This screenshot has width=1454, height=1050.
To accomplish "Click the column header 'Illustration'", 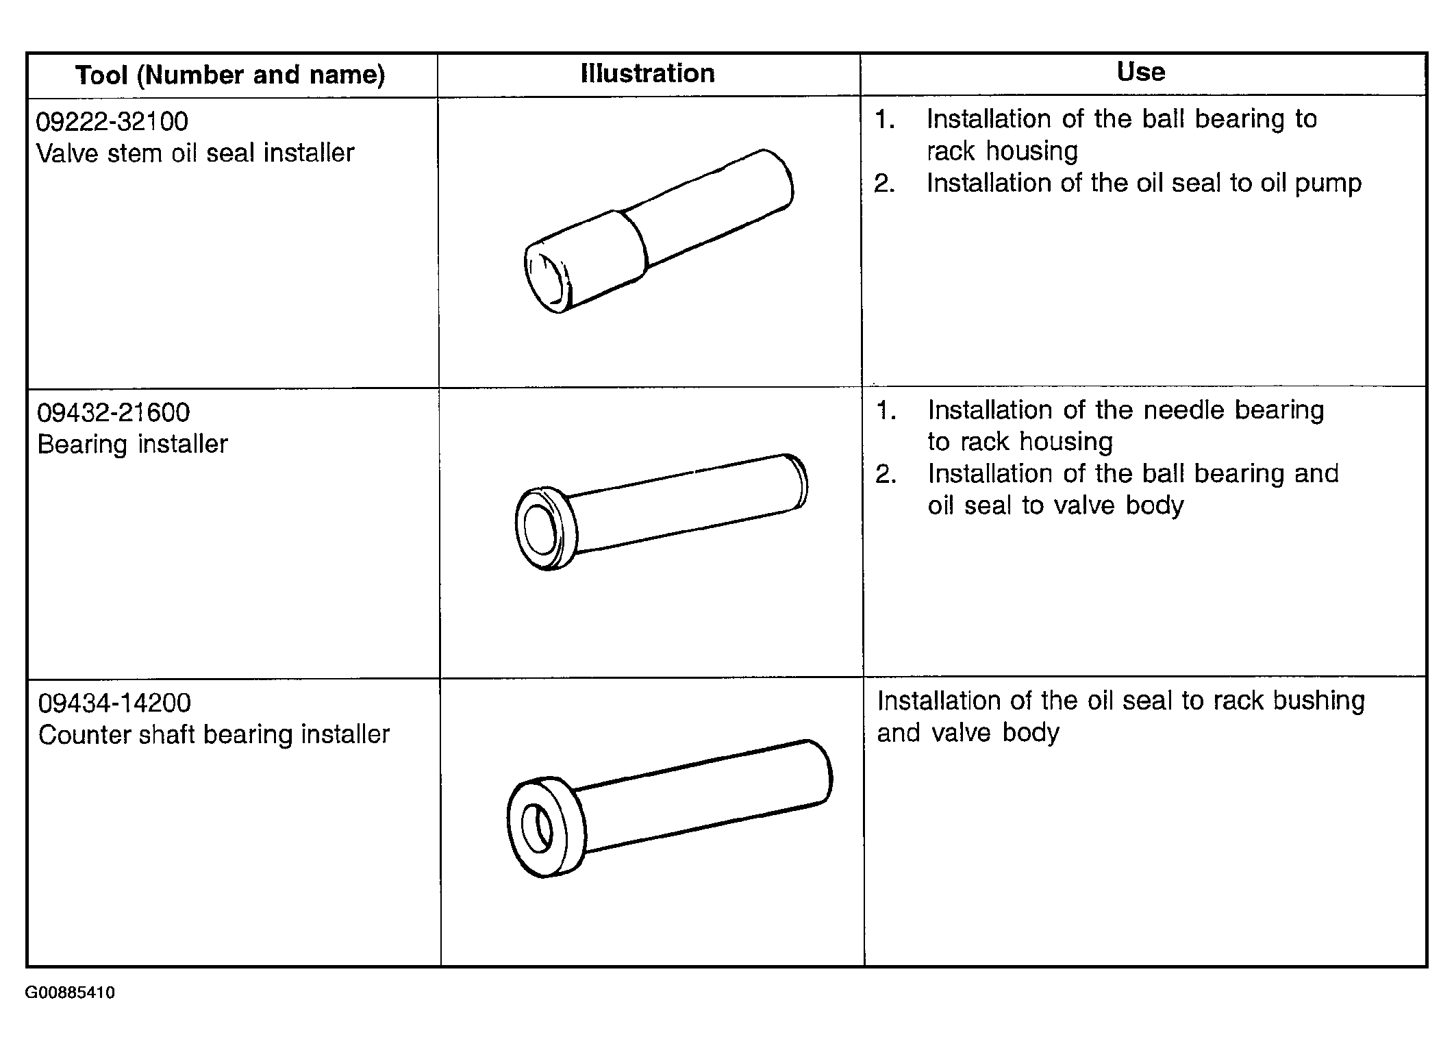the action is tap(647, 73).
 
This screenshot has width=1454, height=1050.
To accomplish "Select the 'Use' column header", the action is tap(1140, 72).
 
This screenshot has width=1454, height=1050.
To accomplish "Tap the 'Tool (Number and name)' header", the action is tap(230, 75).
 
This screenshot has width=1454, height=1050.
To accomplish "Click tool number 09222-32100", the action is tap(112, 121).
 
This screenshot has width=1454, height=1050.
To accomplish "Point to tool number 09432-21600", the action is tap(113, 412).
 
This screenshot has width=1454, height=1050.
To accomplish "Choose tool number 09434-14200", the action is tap(114, 703).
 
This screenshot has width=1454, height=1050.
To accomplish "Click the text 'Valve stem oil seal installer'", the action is tap(195, 153).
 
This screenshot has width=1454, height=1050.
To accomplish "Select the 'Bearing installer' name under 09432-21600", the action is tap(132, 445).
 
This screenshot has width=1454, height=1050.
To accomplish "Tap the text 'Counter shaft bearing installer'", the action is tap(214, 735).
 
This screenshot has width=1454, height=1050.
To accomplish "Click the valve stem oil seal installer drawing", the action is tap(659, 231).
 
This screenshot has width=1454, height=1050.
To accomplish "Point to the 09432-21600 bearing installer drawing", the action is tap(661, 511).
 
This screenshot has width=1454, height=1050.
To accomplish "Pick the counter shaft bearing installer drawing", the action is tap(669, 808).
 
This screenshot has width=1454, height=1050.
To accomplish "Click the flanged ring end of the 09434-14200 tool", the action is tap(546, 827).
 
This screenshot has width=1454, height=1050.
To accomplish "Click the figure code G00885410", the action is tap(71, 992).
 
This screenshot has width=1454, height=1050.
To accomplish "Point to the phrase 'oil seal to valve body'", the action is tap(1055, 505).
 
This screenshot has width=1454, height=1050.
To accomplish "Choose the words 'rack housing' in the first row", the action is tap(1002, 151).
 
